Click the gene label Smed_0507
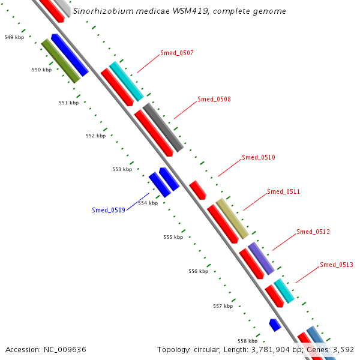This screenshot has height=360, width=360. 176,53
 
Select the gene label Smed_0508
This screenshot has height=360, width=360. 214,99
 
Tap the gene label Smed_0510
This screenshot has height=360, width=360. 258,157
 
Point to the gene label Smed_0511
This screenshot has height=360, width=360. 283,191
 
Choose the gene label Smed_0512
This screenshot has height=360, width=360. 313,232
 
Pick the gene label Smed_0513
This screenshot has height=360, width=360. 336,265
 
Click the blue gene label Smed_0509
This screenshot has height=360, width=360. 109,210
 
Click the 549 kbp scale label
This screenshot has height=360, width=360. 14,37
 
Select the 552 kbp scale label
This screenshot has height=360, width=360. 95,136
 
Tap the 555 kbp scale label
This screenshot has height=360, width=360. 173,237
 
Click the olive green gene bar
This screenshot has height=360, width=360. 61,61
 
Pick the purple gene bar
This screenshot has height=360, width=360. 261,259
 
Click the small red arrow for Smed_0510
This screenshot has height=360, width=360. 197,190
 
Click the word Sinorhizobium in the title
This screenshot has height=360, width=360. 101,11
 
